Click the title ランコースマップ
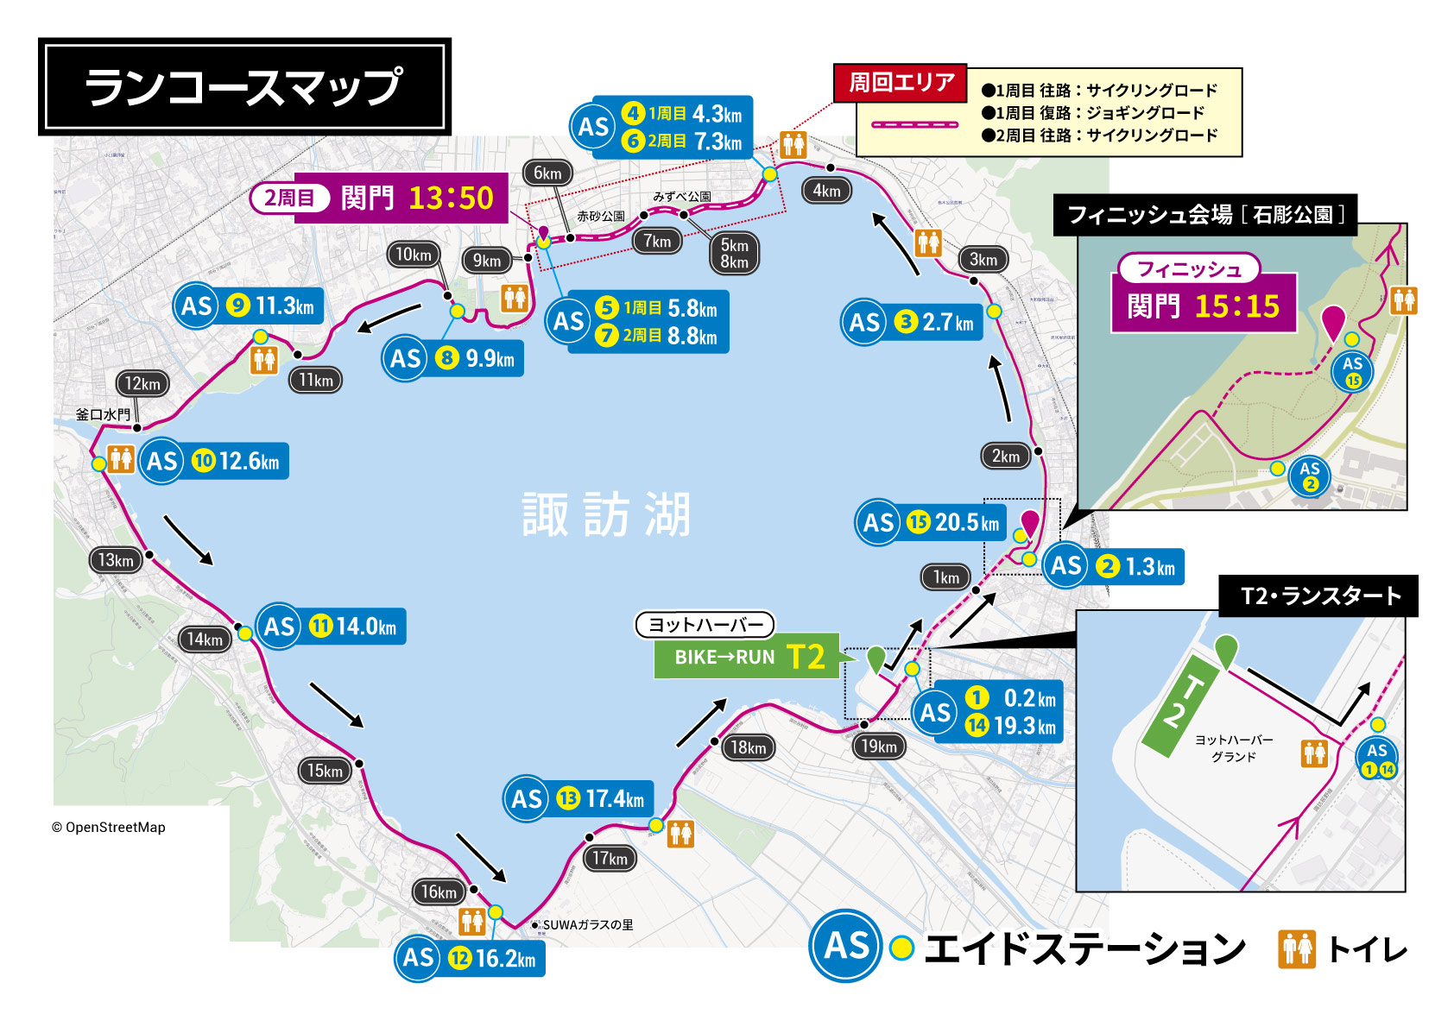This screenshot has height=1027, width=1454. tap(244, 86)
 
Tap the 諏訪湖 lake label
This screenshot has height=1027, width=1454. tap(606, 515)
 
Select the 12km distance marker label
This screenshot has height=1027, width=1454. tap(142, 384)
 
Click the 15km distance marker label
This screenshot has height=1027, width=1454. tap(326, 771)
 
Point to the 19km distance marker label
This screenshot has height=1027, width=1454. tap(879, 747)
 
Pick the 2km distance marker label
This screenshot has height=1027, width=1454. tap(1006, 456)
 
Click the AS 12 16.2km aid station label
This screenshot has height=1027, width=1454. tap(471, 958)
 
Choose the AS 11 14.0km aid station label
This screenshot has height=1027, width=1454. tap(332, 627)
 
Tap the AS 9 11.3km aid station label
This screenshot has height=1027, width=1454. tap(249, 306)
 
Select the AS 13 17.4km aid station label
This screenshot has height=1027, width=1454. tap(578, 799)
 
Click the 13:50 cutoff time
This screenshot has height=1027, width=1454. tap(451, 198)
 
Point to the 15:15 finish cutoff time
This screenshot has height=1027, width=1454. tap(1237, 306)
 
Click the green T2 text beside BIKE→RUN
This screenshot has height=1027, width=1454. tap(806, 658)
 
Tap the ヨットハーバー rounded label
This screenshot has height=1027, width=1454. tap(705, 624)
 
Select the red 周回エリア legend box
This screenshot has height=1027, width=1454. tap(901, 83)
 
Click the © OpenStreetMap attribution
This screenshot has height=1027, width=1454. tap(109, 827)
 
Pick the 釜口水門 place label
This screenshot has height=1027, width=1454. tap(104, 414)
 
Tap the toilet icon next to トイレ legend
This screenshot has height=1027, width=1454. tap(1297, 949)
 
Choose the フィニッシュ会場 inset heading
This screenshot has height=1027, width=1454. tap(1205, 215)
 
